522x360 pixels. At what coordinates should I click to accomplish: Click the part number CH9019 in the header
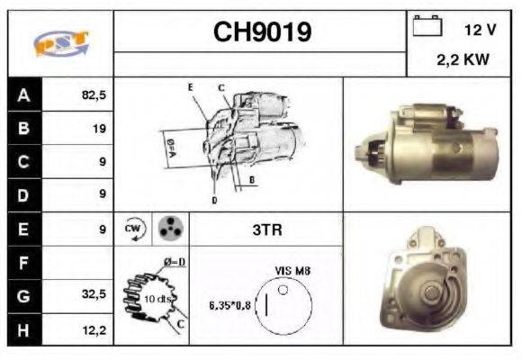(x=262, y=32)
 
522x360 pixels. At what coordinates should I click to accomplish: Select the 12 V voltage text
(x=480, y=30)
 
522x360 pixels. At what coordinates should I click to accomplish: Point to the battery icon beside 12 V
(x=426, y=27)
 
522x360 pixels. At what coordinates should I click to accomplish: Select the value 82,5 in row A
(x=94, y=94)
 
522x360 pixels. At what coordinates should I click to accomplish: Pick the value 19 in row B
(x=98, y=129)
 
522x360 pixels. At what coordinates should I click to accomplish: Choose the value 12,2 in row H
(x=94, y=330)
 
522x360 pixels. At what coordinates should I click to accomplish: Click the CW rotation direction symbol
(x=134, y=229)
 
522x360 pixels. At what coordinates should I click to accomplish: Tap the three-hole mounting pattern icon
(x=170, y=229)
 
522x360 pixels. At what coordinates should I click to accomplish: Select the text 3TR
(x=266, y=229)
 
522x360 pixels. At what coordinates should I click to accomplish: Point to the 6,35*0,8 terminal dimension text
(x=230, y=304)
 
